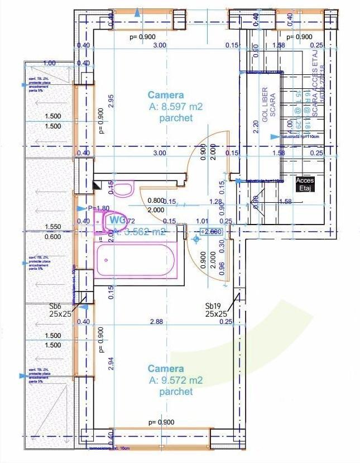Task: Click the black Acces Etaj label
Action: tap(305, 184)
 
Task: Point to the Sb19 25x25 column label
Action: tap(216, 310)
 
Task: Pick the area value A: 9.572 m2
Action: tap(176, 380)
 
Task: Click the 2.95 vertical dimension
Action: tap(111, 101)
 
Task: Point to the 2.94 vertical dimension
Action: tap(111, 364)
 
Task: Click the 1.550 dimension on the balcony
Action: tap(53, 228)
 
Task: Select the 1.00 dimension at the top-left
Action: tap(49, 63)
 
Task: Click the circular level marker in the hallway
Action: tap(196, 239)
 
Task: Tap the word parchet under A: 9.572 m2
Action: tap(176, 392)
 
